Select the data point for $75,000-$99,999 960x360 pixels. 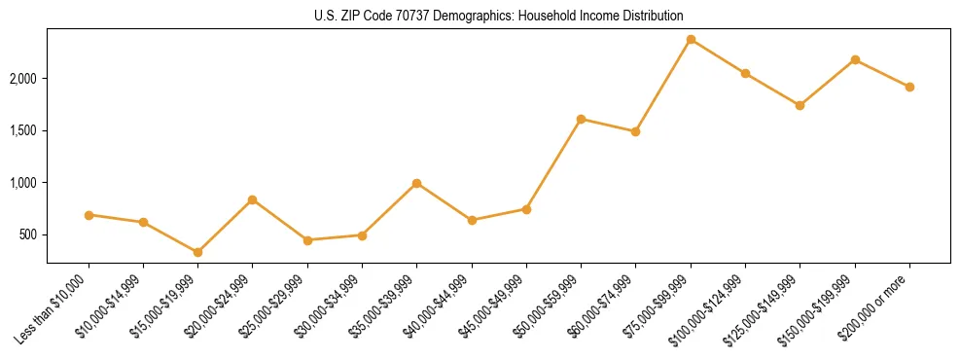click(x=691, y=39)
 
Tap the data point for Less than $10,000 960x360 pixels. click(x=89, y=215)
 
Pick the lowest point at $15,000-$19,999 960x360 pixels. click(x=197, y=252)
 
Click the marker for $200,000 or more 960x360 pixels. click(x=909, y=87)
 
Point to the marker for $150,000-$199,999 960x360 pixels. click(x=855, y=59)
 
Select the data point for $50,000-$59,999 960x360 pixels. click(x=581, y=119)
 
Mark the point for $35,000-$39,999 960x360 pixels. click(x=416, y=183)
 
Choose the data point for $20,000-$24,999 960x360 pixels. click(x=252, y=199)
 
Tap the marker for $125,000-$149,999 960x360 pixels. click(x=800, y=105)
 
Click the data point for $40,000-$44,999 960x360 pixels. click(x=472, y=220)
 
